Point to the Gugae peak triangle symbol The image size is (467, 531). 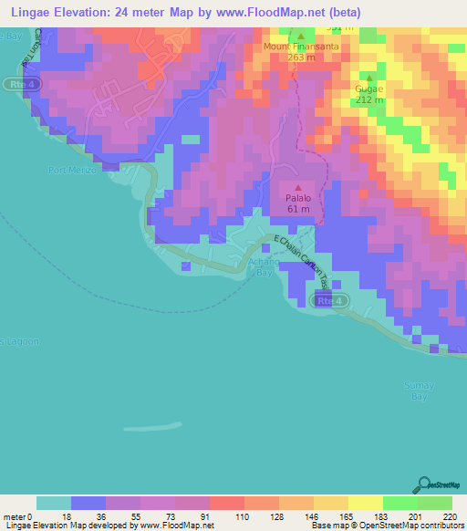[369, 78]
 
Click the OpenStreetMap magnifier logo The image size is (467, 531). [425, 484]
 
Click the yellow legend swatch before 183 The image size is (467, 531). [366, 503]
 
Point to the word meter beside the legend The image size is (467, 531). [16, 516]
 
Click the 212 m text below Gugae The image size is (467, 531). [369, 99]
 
